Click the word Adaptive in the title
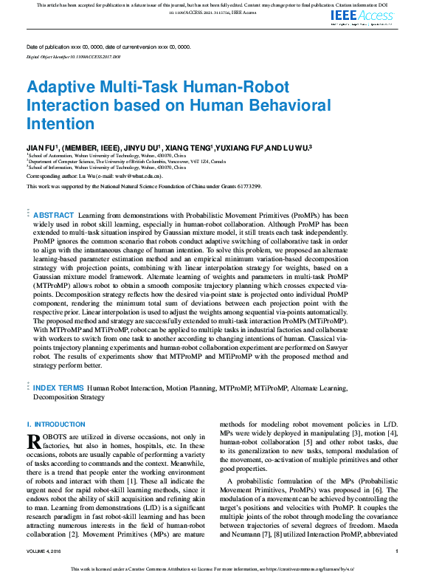tap(62, 86)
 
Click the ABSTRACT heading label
tap(54, 214)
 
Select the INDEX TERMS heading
tap(58, 387)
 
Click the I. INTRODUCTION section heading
tap(55, 424)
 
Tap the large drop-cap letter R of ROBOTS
tap(33, 441)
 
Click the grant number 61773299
tap(246, 187)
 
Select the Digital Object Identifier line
tap(73, 56)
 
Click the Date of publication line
tap(108, 47)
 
